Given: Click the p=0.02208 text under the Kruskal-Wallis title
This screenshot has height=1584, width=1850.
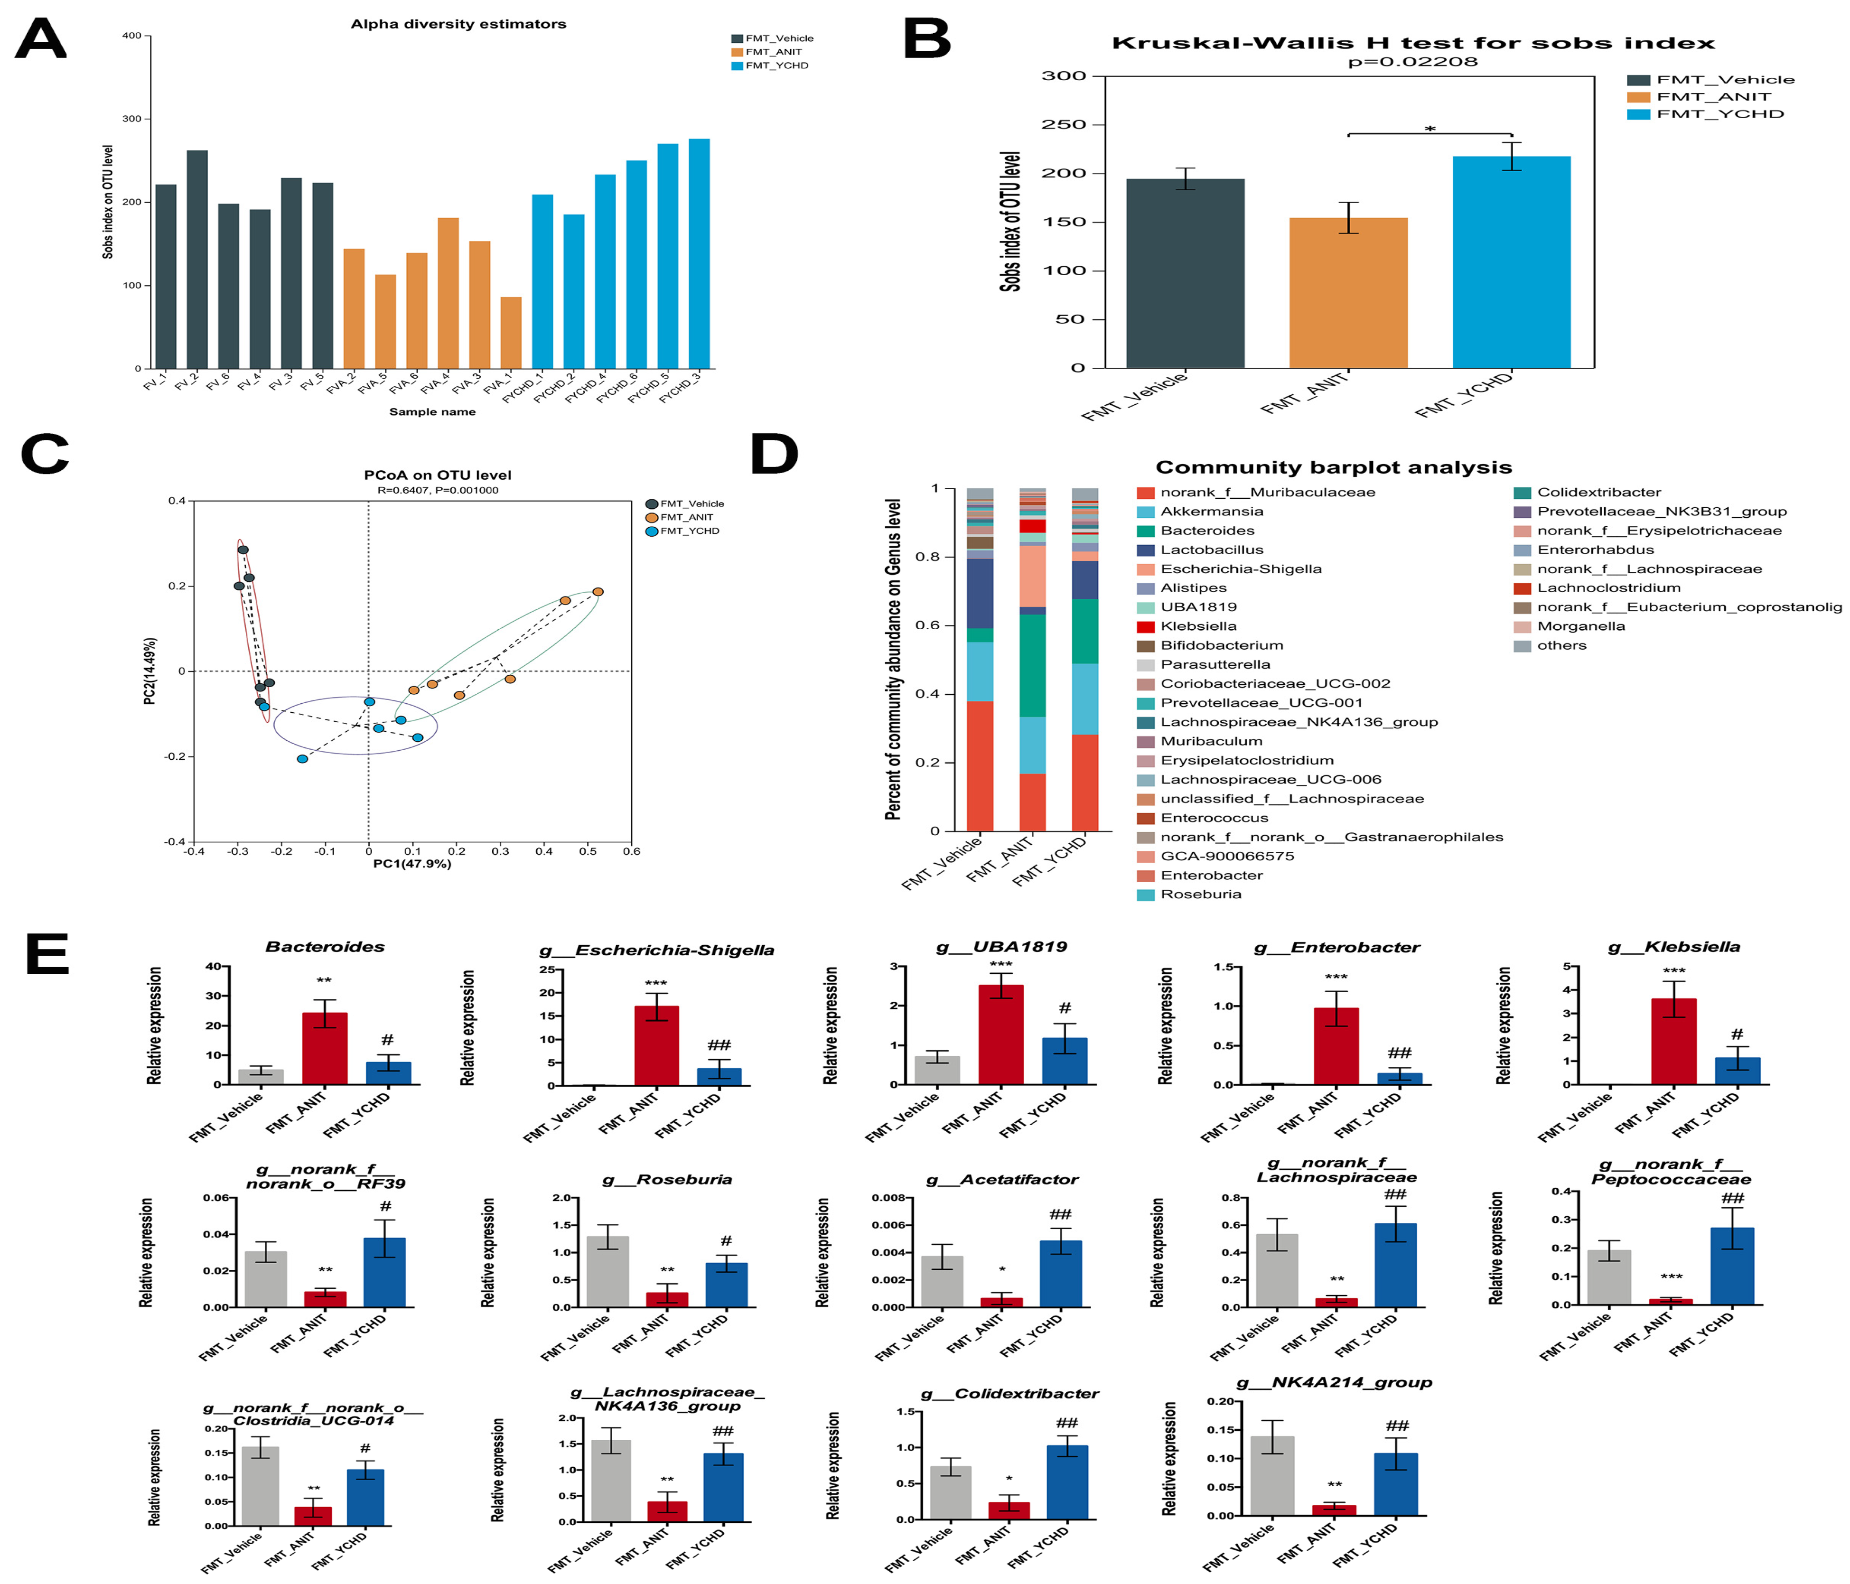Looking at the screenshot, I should pyautogui.click(x=1412, y=62).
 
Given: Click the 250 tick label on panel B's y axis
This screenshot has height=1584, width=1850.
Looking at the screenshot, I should pyautogui.click(x=1064, y=125).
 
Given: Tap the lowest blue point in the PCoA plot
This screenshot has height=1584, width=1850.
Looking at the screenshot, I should pyautogui.click(x=303, y=759).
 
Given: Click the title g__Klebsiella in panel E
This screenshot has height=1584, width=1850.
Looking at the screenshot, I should pyautogui.click(x=1673, y=947).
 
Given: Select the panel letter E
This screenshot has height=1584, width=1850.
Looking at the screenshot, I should pyautogui.click(x=47, y=954).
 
